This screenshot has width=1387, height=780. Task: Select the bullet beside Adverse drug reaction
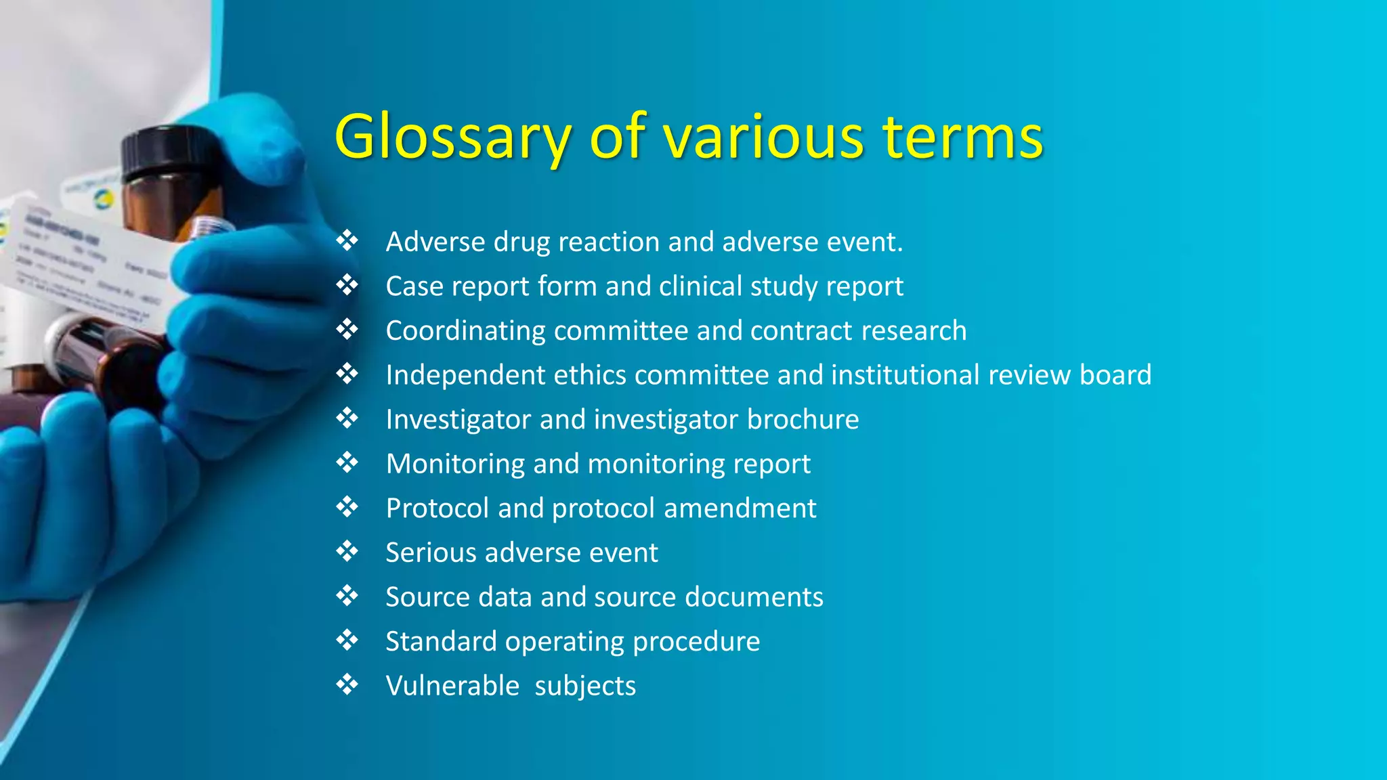tap(347, 241)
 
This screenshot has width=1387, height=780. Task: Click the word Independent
tap(465, 375)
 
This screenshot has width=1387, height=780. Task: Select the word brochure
tap(803, 420)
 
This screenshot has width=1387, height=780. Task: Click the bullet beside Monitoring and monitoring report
tap(347, 463)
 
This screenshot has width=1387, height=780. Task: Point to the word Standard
tap(441, 641)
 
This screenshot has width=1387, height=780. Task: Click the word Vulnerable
tap(452, 686)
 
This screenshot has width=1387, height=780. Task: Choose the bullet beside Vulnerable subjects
tap(347, 685)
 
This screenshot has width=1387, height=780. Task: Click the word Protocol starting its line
tap(437, 508)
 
